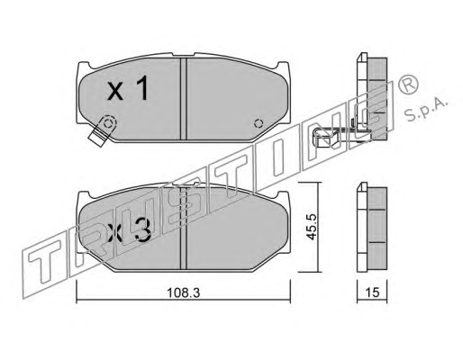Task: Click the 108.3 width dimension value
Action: click(183, 292)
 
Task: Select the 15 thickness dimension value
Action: click(373, 292)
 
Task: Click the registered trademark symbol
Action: click(408, 85)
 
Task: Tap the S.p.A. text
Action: click(426, 109)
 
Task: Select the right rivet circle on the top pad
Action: click(259, 123)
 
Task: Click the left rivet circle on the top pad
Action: click(108, 123)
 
